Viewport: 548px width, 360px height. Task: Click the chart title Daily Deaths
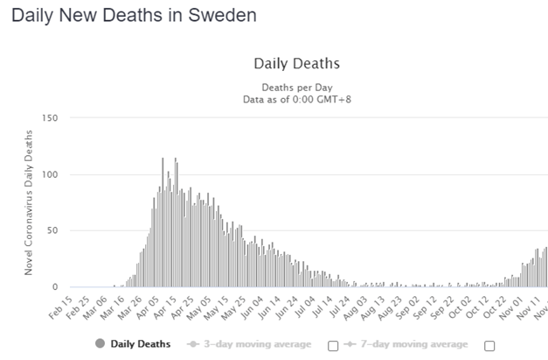point(296,64)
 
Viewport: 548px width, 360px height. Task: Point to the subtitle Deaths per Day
point(296,87)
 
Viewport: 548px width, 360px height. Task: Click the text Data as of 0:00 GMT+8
point(296,99)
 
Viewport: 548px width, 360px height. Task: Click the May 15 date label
point(222,305)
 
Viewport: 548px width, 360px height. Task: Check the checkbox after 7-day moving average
point(489,345)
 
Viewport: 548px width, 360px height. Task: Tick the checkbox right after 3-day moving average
point(333,345)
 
